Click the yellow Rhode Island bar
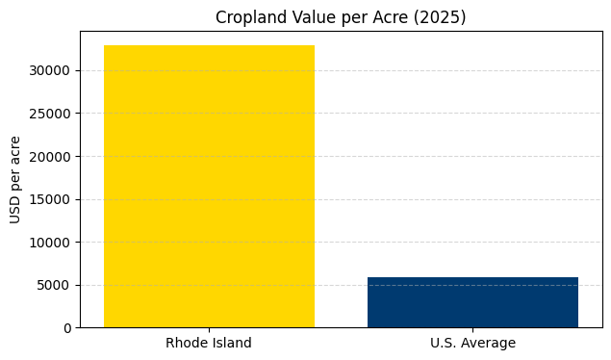209,187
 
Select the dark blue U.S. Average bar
472,302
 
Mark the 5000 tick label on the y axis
54,285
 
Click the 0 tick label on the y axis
67,328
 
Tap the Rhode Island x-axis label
209,344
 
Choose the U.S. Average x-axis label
472,344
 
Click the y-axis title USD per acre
16,179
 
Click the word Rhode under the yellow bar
186,344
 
